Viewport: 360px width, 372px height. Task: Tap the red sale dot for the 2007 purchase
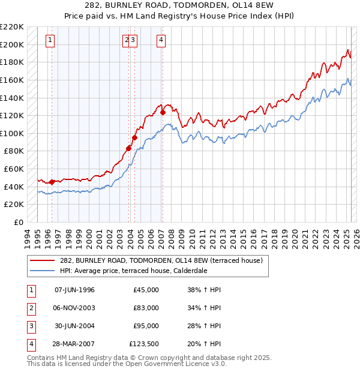click(x=163, y=111)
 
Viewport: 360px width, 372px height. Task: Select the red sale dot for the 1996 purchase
click(x=52, y=182)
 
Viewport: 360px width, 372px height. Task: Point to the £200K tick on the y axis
click(x=13, y=44)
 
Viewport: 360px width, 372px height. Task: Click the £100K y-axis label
click(x=13, y=133)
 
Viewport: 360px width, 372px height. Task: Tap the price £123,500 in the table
click(x=144, y=344)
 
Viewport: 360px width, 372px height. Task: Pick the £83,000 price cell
click(x=146, y=308)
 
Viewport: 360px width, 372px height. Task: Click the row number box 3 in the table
click(x=31, y=326)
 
